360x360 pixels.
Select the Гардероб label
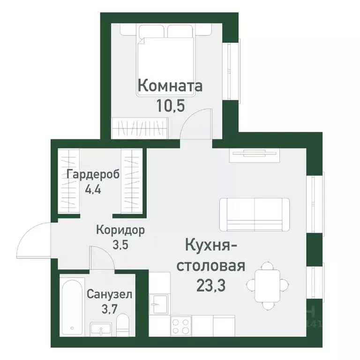(93, 174)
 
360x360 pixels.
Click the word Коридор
(120, 230)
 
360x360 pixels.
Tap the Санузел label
(109, 295)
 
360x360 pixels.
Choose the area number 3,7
(109, 311)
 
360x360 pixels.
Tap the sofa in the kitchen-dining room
(255, 214)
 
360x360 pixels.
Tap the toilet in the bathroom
(122, 325)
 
